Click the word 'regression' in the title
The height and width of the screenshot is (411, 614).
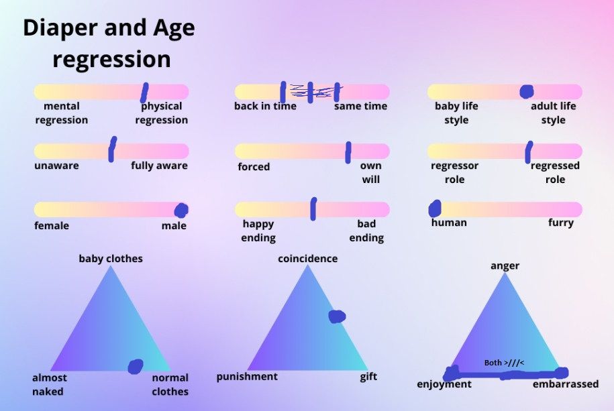(111, 60)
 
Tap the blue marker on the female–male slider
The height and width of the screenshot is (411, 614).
(181, 211)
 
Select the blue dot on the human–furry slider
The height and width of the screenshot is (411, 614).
(435, 209)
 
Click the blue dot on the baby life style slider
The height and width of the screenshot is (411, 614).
(527, 92)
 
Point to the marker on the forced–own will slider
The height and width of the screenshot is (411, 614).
(348, 152)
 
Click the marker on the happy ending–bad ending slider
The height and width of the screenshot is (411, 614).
(313, 209)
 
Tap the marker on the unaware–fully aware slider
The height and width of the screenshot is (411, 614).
(112, 149)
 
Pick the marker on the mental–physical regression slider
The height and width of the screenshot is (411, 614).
(144, 93)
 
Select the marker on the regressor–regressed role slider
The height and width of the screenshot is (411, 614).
(529, 152)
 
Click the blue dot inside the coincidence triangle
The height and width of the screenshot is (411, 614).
(337, 316)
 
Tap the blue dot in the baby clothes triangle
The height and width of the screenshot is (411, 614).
(136, 366)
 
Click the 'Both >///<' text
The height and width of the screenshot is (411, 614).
(504, 363)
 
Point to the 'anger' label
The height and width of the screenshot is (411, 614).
(505, 266)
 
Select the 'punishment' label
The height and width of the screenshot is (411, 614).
(247, 377)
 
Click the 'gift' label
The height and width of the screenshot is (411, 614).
(368, 377)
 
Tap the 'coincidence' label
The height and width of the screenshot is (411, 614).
(308, 259)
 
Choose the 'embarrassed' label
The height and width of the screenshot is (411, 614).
(566, 384)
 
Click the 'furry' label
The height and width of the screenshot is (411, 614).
(561, 223)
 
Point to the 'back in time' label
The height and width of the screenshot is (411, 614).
(265, 106)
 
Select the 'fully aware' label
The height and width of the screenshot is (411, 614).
(160, 166)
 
